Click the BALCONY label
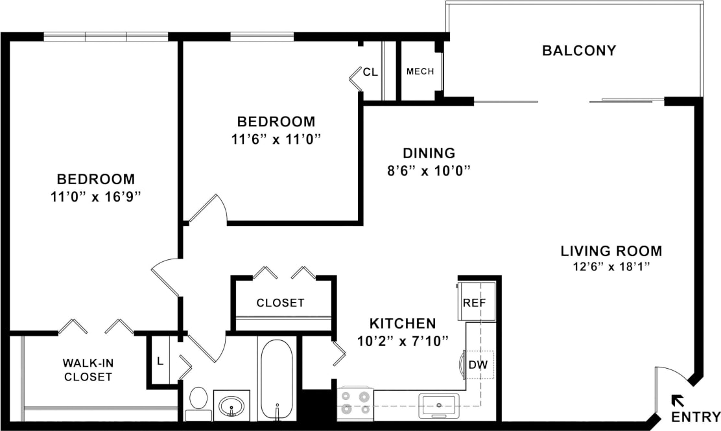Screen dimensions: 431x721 [x=578, y=51]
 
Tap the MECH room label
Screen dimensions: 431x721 [x=420, y=71]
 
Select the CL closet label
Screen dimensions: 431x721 [x=370, y=72]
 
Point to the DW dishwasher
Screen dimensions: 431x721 [x=478, y=365]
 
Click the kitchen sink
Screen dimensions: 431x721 [x=439, y=405]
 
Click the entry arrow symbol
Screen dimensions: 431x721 [x=677, y=399]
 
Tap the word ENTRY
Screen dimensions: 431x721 [x=695, y=417]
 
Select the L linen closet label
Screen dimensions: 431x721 [x=160, y=361]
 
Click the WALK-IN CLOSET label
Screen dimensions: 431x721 [x=88, y=369]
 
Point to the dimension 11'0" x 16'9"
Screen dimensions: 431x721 [x=95, y=197]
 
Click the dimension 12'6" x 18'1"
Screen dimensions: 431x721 [x=611, y=266]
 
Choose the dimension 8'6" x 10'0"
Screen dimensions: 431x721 [x=429, y=171]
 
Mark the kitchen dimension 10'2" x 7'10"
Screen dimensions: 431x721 [x=402, y=340]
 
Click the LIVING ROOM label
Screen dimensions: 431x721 [x=611, y=251]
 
